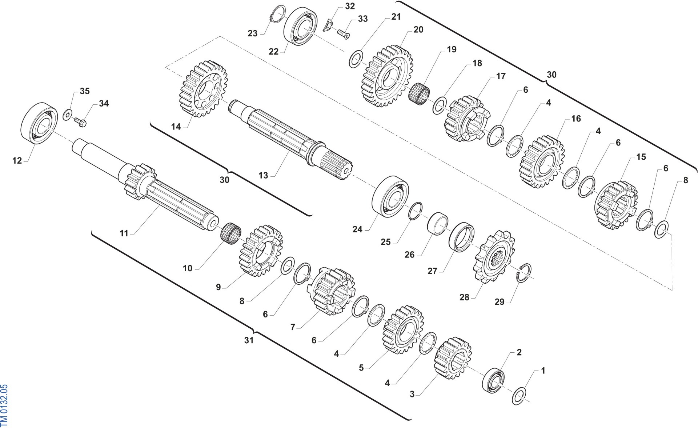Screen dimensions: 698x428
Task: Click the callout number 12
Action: coord(17,160)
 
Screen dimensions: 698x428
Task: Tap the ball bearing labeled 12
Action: coord(40,123)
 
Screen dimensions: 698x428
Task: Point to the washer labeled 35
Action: coord(67,114)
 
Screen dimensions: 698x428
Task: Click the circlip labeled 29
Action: coord(524,272)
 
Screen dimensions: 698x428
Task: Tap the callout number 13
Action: coord(263,175)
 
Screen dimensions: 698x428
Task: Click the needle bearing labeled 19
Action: coord(419,93)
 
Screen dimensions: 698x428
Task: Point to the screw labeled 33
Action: coord(343,34)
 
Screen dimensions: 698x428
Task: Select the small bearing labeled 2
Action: coord(493,380)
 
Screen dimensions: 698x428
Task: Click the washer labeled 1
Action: coord(519,396)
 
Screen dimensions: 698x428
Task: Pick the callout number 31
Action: coord(249,340)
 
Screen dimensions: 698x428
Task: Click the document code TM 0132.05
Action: coord(4,405)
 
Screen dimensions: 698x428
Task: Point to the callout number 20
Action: coord(418,29)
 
